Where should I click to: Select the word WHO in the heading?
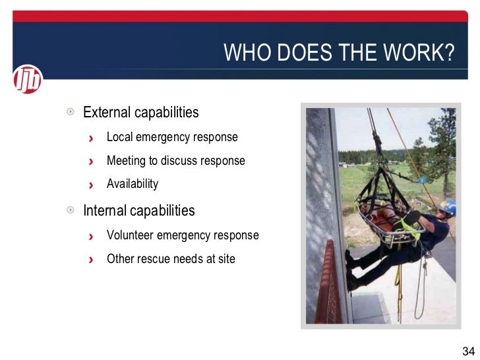[245, 53]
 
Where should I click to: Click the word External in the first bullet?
[107, 112]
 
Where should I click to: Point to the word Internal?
[105, 211]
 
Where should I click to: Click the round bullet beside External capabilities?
[70, 112]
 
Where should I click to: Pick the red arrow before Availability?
[92, 185]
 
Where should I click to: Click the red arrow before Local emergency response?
[92, 138]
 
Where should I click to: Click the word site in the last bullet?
[226, 258]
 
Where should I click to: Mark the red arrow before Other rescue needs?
[92, 259]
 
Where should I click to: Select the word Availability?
[133, 184]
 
